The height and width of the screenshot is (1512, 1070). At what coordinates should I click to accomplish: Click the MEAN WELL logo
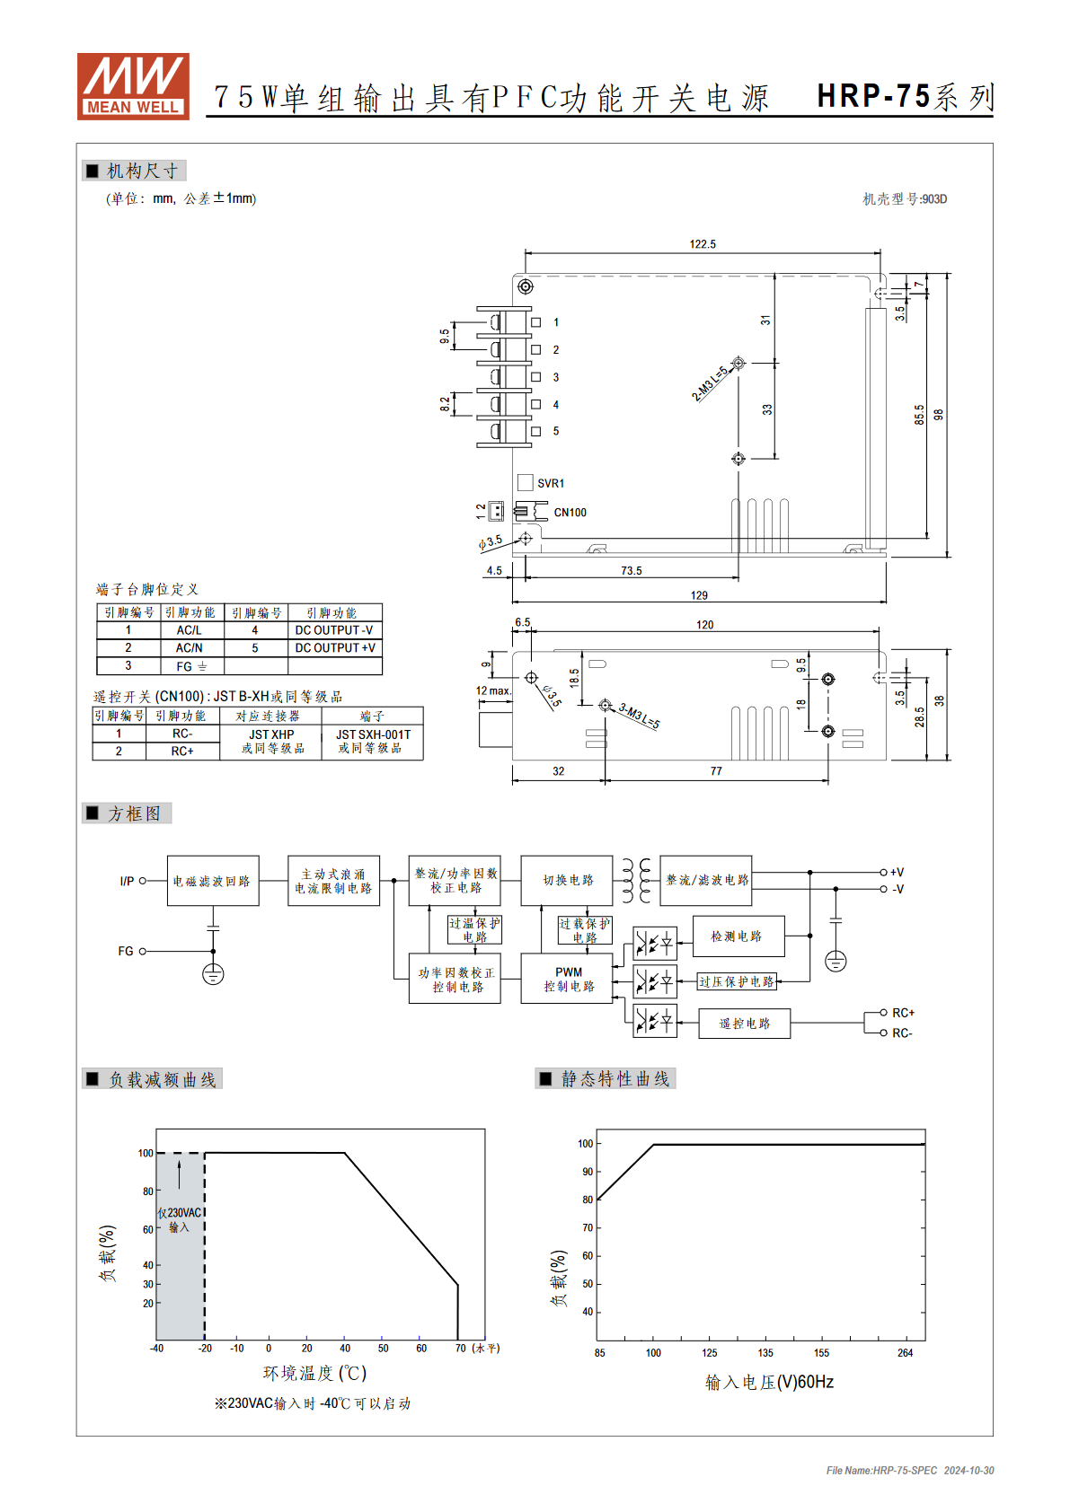coord(133,86)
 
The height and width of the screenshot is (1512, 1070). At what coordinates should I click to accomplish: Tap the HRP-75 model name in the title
coord(873,96)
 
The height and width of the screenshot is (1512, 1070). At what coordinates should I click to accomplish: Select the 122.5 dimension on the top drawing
coord(703,243)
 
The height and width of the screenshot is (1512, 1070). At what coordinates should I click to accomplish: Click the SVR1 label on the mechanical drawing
coord(551,483)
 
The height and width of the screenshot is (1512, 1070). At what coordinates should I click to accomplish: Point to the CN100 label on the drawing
coord(570,513)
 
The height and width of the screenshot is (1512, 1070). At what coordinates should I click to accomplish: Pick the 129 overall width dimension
coord(699,595)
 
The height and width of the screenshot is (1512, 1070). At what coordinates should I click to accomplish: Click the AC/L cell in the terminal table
coord(190,630)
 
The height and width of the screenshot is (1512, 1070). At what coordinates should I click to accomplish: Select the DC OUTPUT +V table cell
coord(335,648)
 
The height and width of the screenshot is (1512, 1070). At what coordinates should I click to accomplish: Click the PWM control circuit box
coord(568,979)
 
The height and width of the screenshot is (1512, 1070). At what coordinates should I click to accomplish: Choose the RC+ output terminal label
coord(903,1013)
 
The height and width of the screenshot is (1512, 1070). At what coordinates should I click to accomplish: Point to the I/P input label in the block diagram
coord(127,881)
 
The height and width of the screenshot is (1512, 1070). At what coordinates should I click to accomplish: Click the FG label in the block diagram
coord(126,951)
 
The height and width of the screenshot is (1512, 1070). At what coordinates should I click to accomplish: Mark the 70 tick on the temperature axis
coord(461,1348)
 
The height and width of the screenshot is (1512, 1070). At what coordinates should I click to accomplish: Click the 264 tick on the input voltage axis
coord(906,1353)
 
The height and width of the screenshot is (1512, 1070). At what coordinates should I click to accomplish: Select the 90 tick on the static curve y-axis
coord(588,1172)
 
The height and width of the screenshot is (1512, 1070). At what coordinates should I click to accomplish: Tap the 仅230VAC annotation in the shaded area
coord(180,1212)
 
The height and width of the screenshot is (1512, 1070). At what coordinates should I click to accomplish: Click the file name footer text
coord(910,1470)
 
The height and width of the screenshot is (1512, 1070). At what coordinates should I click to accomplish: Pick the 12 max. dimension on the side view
coord(494,690)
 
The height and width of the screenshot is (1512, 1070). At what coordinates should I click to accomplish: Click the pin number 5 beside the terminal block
coord(556,431)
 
